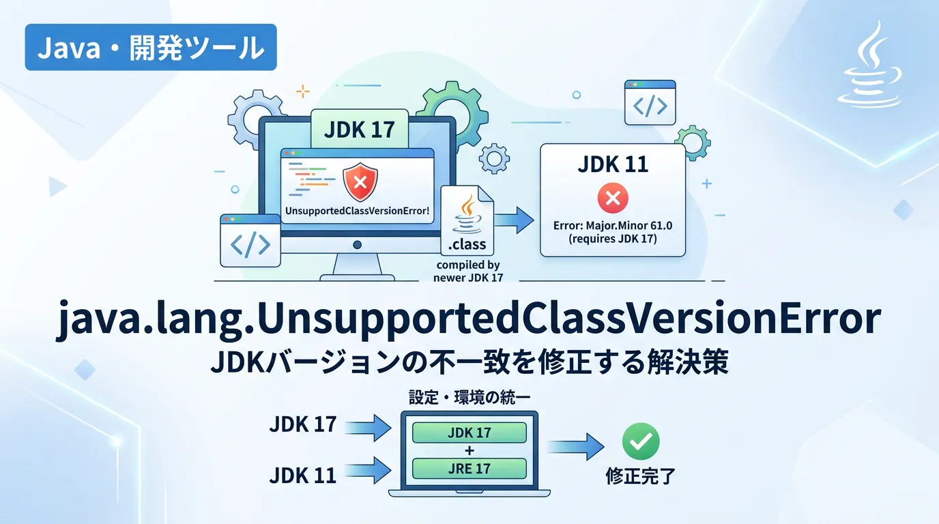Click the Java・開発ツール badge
(151, 47)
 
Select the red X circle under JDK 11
(612, 199)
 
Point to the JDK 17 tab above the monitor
(360, 129)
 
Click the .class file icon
(467, 218)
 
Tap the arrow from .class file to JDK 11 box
(515, 220)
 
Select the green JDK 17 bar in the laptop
(470, 433)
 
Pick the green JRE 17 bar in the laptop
(470, 468)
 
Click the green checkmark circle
(641, 441)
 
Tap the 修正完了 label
(640, 476)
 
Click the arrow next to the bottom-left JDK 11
(369, 469)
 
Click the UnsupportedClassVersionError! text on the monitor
(358, 211)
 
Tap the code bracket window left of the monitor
(250, 241)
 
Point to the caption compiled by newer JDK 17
(468, 271)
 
